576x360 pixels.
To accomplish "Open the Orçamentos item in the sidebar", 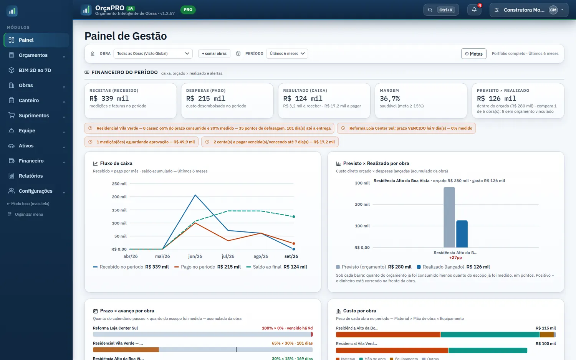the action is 33,55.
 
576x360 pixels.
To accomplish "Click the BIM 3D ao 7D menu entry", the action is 35,70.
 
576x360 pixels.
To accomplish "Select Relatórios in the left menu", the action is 31,176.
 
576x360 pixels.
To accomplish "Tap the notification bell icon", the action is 474,10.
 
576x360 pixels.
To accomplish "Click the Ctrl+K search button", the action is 441,10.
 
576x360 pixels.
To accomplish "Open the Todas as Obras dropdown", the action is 153,53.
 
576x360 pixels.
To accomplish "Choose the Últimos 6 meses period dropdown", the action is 287,53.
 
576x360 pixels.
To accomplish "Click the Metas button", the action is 473,54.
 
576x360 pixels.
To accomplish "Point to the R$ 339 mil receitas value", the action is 109,98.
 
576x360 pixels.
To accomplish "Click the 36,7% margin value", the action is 390,98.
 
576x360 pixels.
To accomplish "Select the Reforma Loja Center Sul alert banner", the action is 406,128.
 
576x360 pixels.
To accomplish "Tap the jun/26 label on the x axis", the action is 195,256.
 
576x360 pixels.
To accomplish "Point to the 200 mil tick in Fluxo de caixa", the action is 119,197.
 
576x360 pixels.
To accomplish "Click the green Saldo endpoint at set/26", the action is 294,216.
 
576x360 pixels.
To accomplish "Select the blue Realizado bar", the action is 462,234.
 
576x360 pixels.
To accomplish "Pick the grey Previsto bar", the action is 449,217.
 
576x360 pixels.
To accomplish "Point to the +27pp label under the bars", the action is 455,258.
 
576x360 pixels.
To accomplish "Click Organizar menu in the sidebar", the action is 29,214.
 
